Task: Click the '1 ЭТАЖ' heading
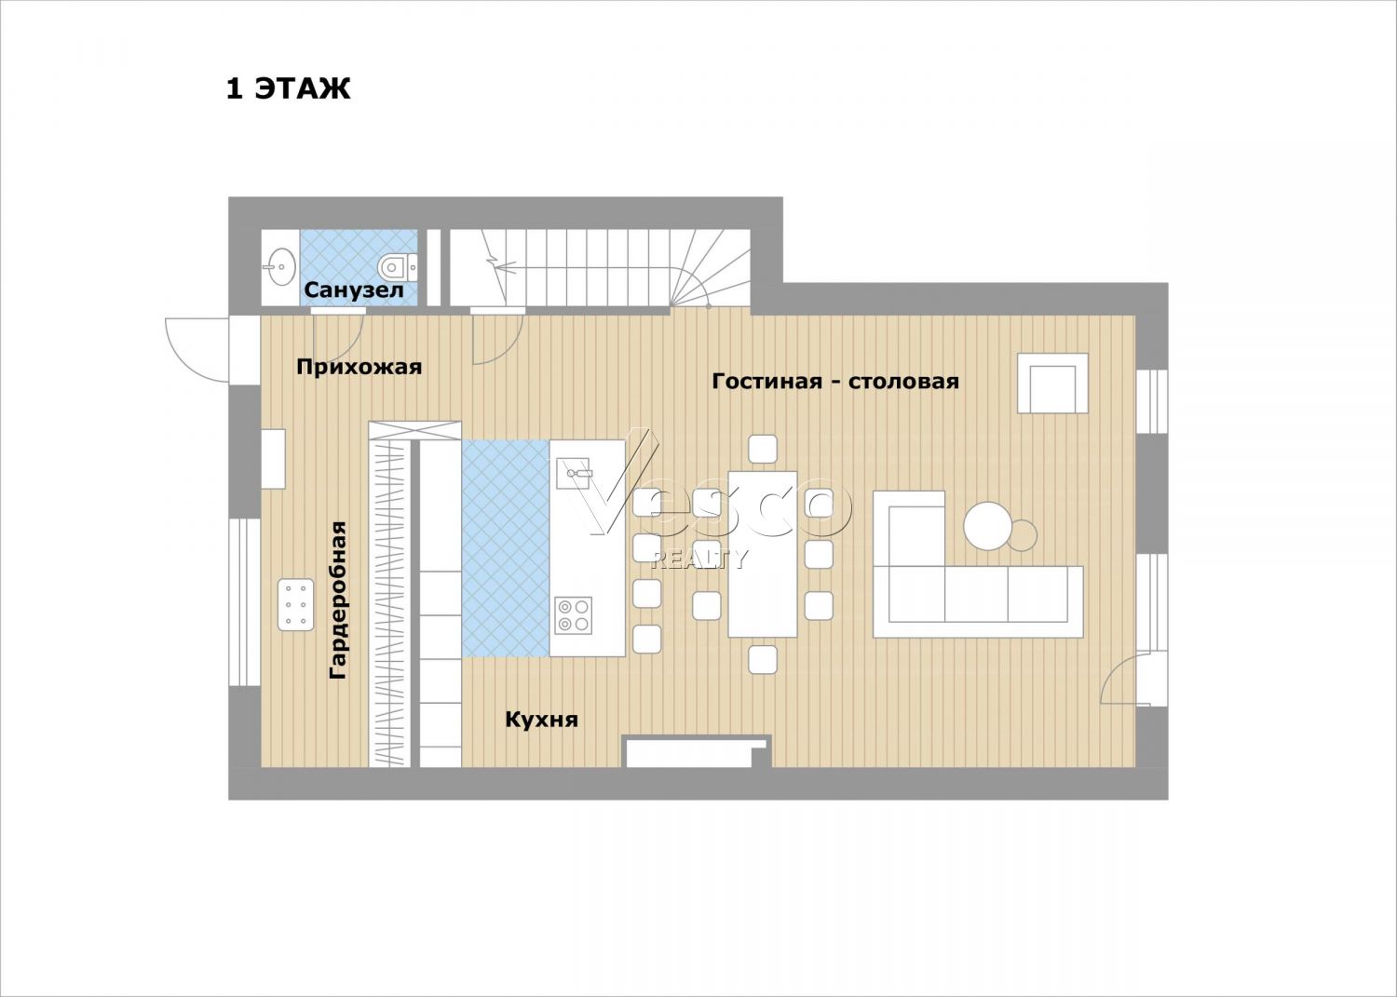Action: click(x=288, y=88)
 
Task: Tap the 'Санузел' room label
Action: click(x=354, y=290)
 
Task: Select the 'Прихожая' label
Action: click(x=359, y=367)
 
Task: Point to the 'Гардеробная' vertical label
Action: click(x=337, y=600)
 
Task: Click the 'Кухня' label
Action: click(x=541, y=721)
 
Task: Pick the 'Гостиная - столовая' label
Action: click(x=835, y=381)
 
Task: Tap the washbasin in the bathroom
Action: click(x=282, y=267)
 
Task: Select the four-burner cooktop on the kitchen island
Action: click(x=573, y=615)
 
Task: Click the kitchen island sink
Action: click(x=573, y=475)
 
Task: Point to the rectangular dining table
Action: click(x=762, y=554)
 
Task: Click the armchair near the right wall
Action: click(x=1052, y=384)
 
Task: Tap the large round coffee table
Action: click(x=988, y=526)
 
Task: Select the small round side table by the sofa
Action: click(x=1023, y=535)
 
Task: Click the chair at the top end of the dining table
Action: click(x=762, y=449)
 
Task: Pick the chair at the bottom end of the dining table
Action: click(x=762, y=660)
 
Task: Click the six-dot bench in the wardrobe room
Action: click(x=296, y=605)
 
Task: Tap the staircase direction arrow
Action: click(x=507, y=268)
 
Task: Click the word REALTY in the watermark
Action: click(x=698, y=559)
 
